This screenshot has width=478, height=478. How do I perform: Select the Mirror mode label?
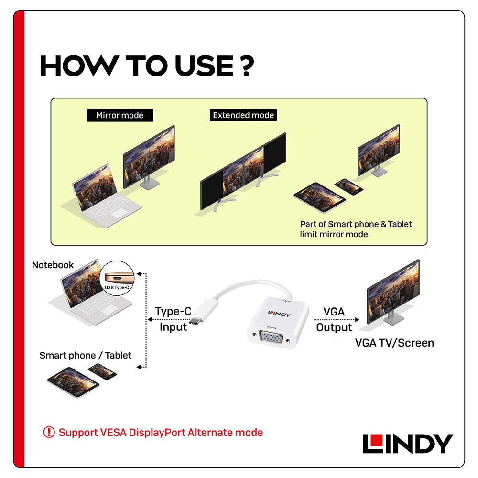pyautogui.click(x=119, y=115)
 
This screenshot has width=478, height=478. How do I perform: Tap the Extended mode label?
pyautogui.click(x=243, y=115)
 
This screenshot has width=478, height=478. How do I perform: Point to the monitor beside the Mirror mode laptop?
pyautogui.click(x=149, y=158)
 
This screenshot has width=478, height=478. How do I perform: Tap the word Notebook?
pyautogui.click(x=53, y=265)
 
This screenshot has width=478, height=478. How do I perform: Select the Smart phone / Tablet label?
pyautogui.click(x=85, y=355)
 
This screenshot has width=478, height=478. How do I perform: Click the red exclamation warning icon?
pyautogui.click(x=49, y=433)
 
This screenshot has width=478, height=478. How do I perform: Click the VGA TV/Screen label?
pyautogui.click(x=394, y=343)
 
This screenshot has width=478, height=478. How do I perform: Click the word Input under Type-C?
pyautogui.click(x=173, y=327)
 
